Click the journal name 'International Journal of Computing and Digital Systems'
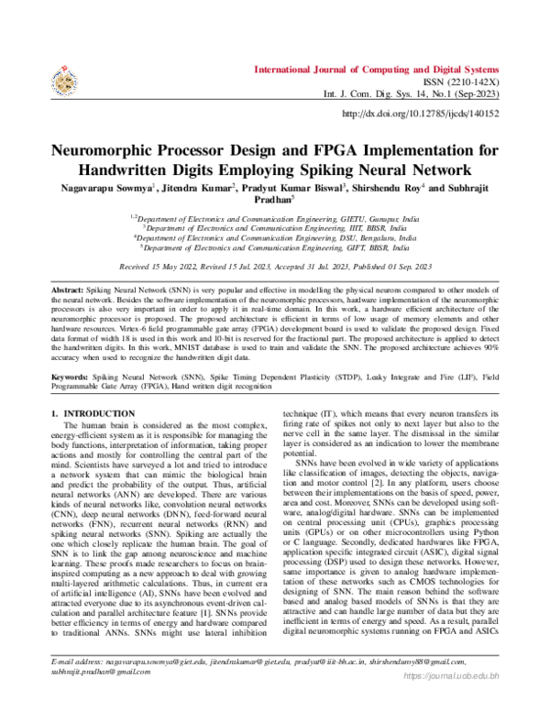tap(377, 69)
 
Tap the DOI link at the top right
tap(421, 114)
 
